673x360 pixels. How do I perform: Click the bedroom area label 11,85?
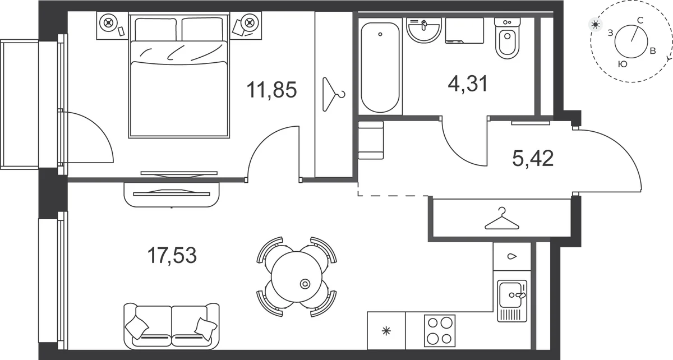click(271, 90)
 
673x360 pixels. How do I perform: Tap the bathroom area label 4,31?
click(468, 84)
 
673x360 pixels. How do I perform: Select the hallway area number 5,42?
click(533, 158)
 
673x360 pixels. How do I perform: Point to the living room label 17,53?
click(172, 256)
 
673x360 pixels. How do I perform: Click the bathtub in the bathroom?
click(380, 67)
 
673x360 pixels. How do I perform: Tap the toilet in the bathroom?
click(507, 38)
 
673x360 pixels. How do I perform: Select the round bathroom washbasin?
click(424, 30)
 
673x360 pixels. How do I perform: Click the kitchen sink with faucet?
click(512, 301)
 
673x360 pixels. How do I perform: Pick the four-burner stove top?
click(440, 331)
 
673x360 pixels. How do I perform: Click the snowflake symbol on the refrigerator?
click(386, 331)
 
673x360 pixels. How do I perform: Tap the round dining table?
click(297, 277)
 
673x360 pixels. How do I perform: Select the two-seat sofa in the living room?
click(172, 326)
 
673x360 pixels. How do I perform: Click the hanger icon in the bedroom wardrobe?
click(334, 94)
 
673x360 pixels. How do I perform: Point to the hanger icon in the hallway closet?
click(502, 219)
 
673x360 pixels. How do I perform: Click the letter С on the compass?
click(640, 20)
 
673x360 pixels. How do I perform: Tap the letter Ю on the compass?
click(623, 64)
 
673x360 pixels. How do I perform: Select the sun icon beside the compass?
click(595, 24)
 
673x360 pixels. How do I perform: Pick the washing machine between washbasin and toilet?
click(464, 30)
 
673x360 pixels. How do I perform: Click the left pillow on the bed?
click(156, 29)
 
